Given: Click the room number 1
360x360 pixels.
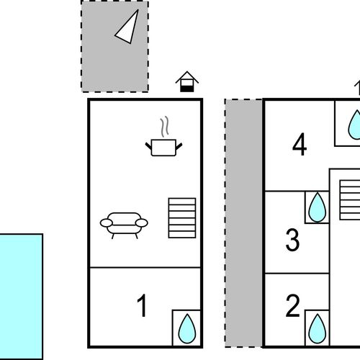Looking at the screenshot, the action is pyautogui.click(x=143, y=305).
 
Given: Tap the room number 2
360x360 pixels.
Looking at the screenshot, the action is pyautogui.click(x=293, y=305).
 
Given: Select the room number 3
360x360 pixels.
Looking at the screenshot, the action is pyautogui.click(x=292, y=240).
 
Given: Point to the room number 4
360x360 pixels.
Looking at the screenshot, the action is pyautogui.click(x=300, y=144).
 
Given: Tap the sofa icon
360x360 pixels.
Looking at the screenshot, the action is pyautogui.click(x=124, y=225).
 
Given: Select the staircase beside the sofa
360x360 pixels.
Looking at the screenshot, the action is pyautogui.click(x=182, y=218).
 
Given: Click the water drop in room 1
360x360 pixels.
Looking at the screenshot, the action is pyautogui.click(x=187, y=328).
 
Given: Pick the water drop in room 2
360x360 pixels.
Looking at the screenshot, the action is pyautogui.click(x=318, y=328).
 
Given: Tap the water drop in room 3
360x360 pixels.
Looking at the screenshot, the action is pyautogui.click(x=318, y=207).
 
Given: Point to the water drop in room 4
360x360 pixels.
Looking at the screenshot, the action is pyautogui.click(x=355, y=125).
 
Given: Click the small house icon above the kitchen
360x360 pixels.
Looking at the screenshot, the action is pyautogui.click(x=187, y=81).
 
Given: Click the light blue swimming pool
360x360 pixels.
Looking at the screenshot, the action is pyautogui.click(x=21, y=297).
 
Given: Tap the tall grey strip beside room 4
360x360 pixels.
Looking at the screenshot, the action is pyautogui.click(x=243, y=223).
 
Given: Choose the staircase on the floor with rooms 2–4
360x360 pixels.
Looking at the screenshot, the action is pyautogui.click(x=350, y=199).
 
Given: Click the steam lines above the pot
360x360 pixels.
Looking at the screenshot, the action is pyautogui.click(x=164, y=127).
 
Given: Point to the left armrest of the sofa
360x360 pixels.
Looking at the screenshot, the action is pyautogui.click(x=106, y=223).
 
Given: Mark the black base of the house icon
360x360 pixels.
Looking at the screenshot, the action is pyautogui.click(x=187, y=89).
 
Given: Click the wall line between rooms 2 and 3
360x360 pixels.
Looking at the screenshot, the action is pyautogui.click(x=297, y=273).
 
